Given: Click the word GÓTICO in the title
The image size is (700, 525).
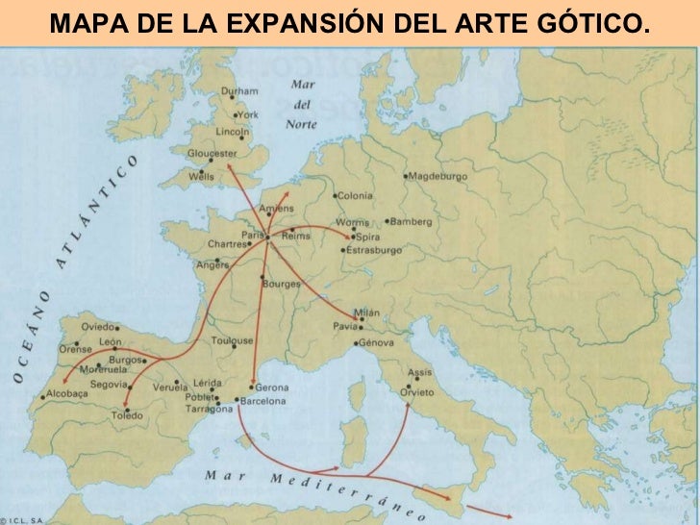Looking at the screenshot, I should (x=588, y=23).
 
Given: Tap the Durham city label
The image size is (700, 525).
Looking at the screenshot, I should (x=239, y=91).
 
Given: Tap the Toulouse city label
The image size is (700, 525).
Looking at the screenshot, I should (x=233, y=340).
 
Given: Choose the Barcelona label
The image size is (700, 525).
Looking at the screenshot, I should (x=262, y=400).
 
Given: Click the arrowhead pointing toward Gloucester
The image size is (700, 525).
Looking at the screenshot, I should (x=230, y=166).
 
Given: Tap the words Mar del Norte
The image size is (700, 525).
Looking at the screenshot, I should (x=302, y=104).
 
